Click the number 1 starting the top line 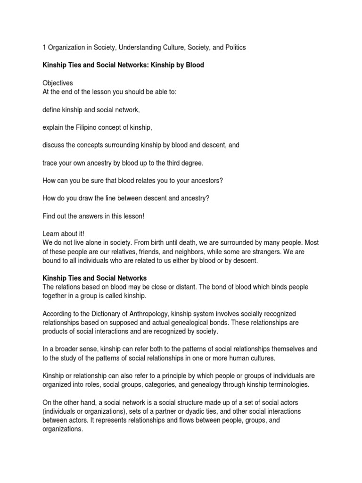[x=44, y=48]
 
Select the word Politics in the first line [x=234, y=48]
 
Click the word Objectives [x=58, y=83]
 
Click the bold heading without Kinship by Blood [x=95, y=278]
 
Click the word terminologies [x=272, y=385]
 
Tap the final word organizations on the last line [x=62, y=429]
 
